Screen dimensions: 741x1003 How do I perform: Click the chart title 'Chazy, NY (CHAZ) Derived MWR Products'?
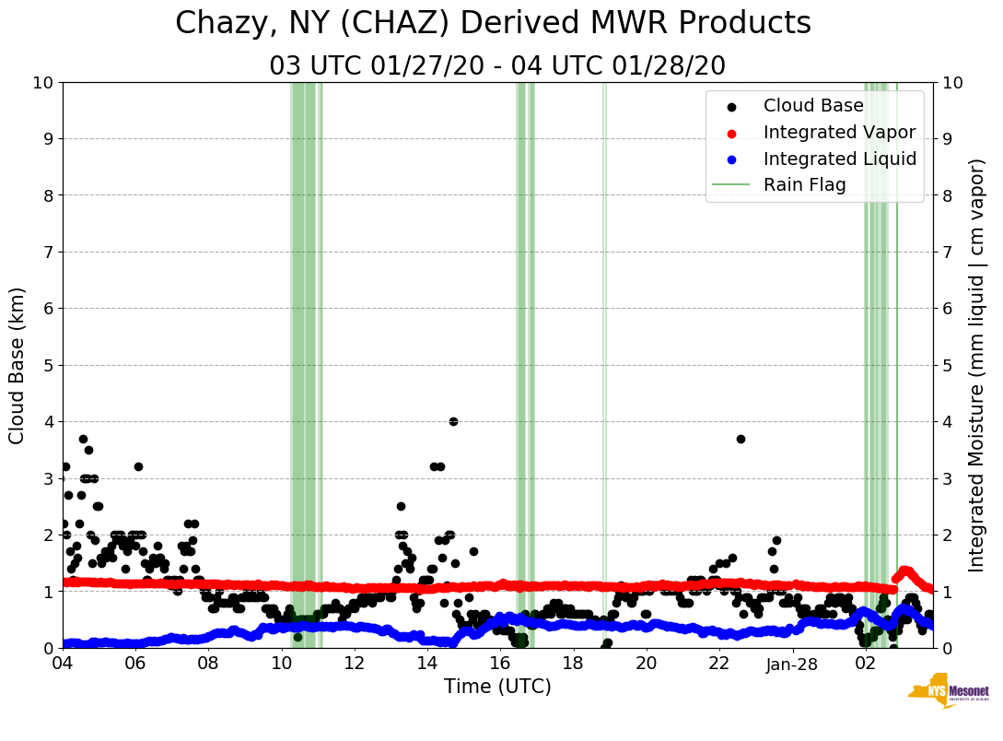(x=493, y=23)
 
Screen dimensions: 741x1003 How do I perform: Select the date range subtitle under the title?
(x=497, y=66)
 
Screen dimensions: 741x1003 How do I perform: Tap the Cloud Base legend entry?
(x=813, y=106)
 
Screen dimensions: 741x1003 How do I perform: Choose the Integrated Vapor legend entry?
(x=839, y=132)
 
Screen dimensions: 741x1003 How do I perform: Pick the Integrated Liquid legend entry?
(x=839, y=159)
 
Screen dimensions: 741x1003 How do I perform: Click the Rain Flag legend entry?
(x=804, y=185)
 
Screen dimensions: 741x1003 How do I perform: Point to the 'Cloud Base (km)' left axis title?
(x=17, y=365)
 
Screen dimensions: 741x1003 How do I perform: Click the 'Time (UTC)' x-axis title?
(x=497, y=687)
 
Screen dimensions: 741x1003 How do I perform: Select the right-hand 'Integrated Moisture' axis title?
(x=977, y=365)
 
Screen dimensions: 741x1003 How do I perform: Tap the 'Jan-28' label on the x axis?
(x=792, y=663)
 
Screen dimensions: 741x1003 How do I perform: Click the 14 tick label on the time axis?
(x=427, y=663)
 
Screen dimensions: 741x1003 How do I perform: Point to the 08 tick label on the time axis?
(x=208, y=663)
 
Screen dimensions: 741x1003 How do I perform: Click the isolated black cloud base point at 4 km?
(x=453, y=421)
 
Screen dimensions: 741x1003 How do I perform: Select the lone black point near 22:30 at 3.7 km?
(x=741, y=439)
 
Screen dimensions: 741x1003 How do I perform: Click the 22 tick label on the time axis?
(x=719, y=663)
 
